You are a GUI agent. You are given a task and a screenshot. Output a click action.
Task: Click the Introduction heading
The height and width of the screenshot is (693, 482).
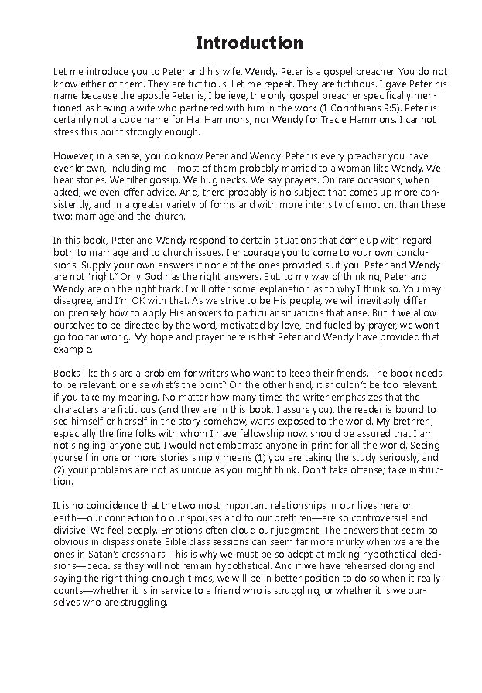tap(249, 42)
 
